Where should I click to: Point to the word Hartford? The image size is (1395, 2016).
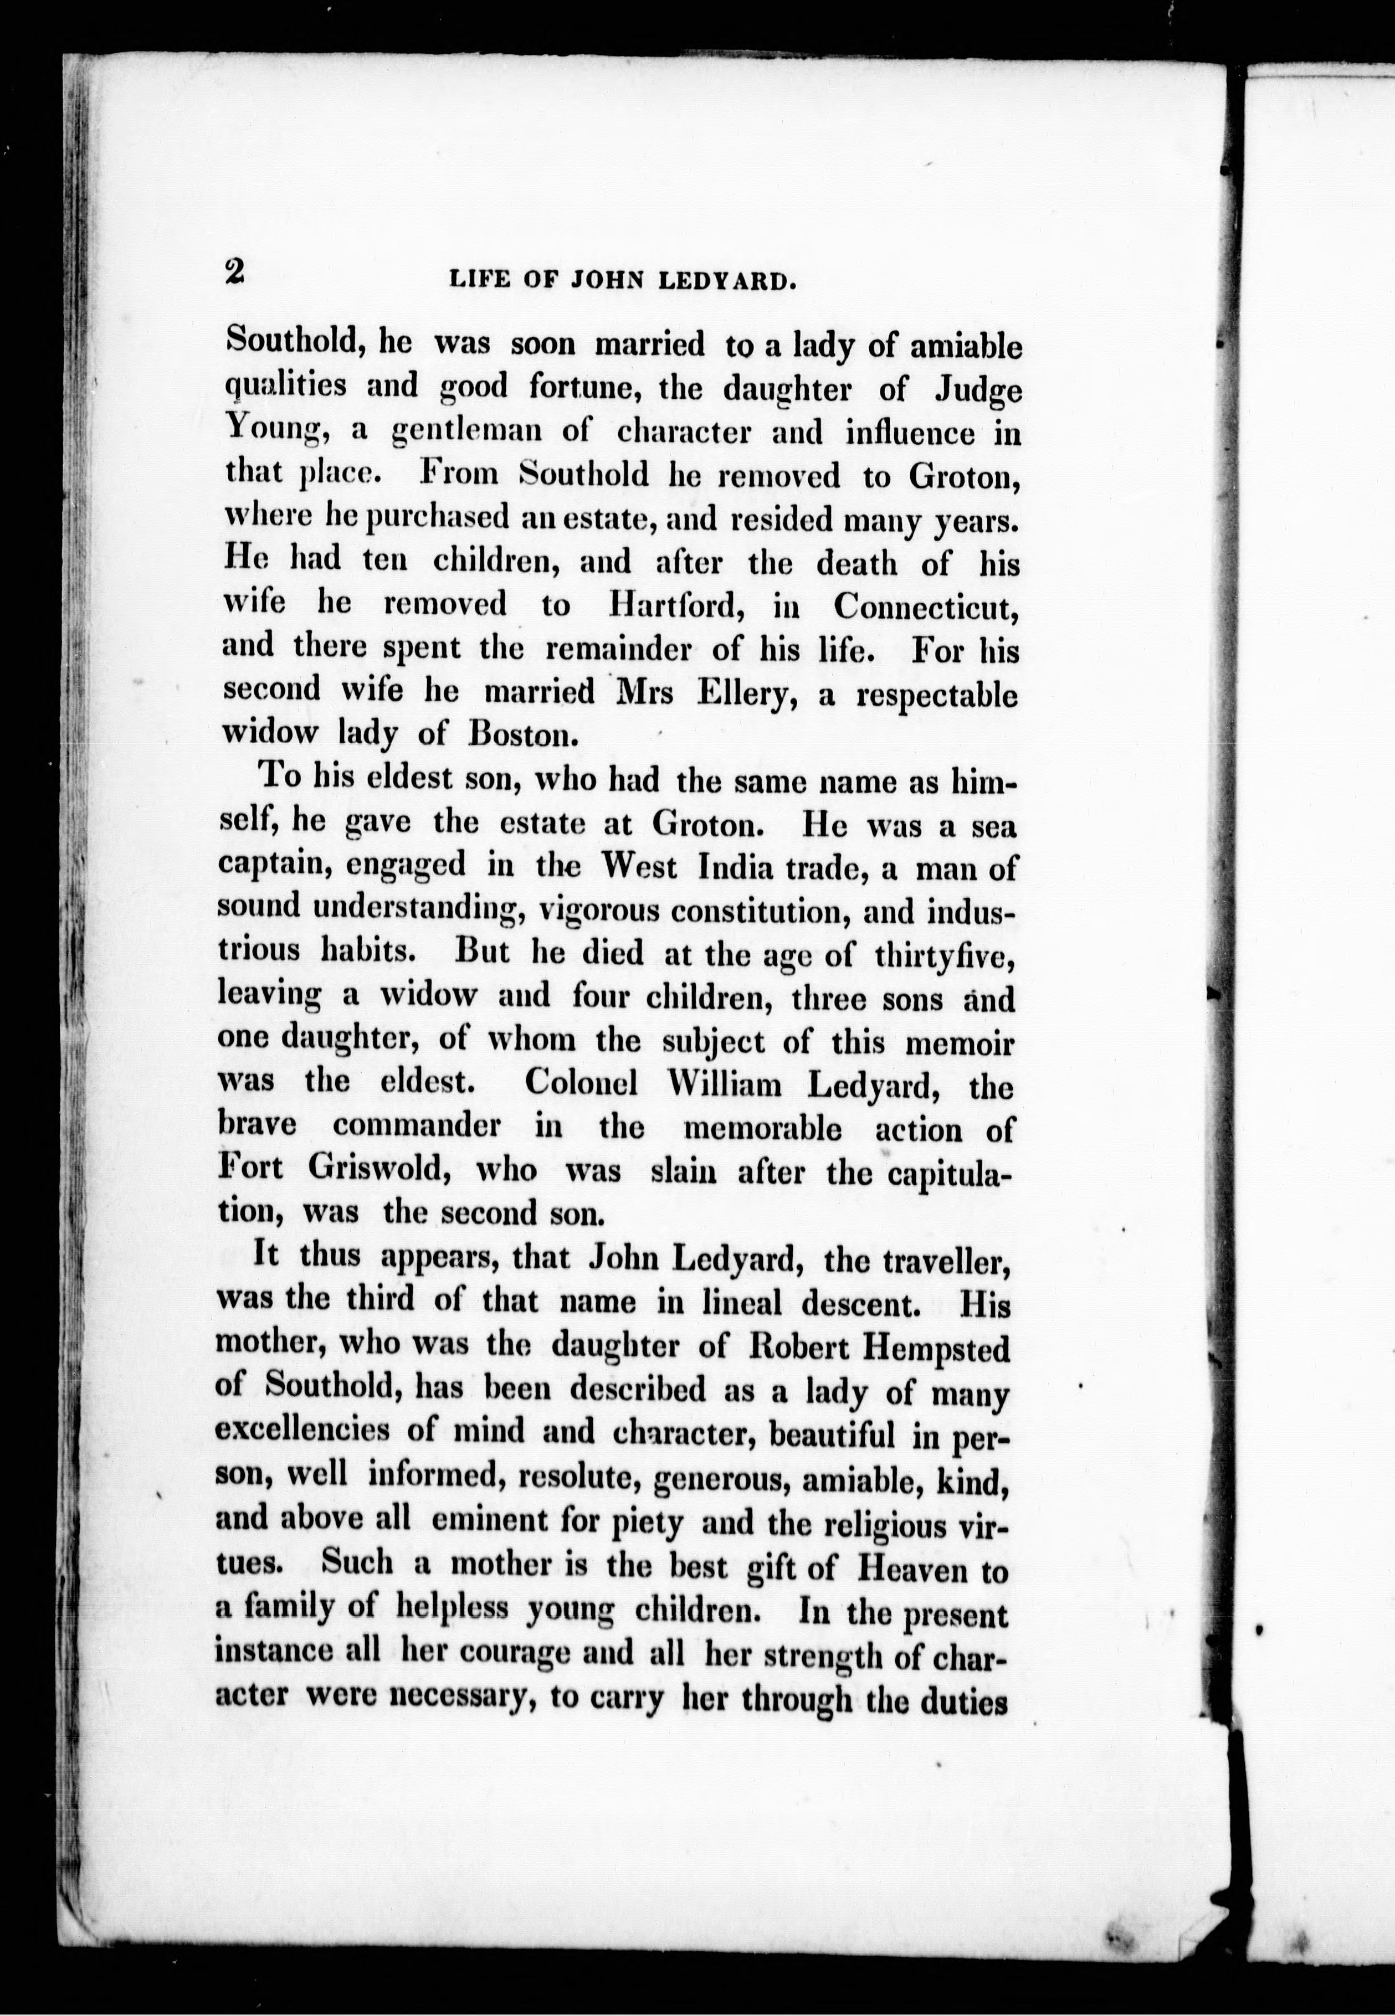pyautogui.click(x=678, y=605)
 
